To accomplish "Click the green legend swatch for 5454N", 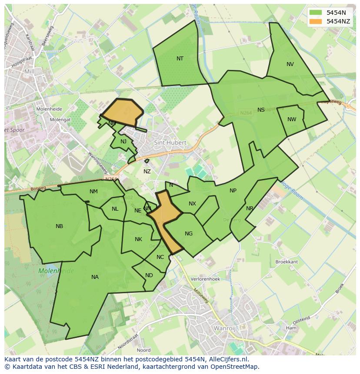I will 316,13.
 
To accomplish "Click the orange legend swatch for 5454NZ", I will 316,21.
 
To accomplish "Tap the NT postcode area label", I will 180,59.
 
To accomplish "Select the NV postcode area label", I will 290,64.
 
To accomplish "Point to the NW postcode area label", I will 292,119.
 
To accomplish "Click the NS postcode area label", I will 261,110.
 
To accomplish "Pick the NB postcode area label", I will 60,226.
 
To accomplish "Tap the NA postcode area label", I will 95,277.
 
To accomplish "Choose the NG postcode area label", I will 189,234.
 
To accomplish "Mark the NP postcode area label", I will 233,191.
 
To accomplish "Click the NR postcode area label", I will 250,209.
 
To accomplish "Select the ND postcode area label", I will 149,275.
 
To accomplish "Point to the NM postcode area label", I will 93,192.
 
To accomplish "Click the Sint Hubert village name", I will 170,142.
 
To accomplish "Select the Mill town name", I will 29,72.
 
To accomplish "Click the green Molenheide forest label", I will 56,271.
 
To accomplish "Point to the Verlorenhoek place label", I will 205,279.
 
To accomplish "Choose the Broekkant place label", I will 287,262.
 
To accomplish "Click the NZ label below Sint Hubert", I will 147,172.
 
